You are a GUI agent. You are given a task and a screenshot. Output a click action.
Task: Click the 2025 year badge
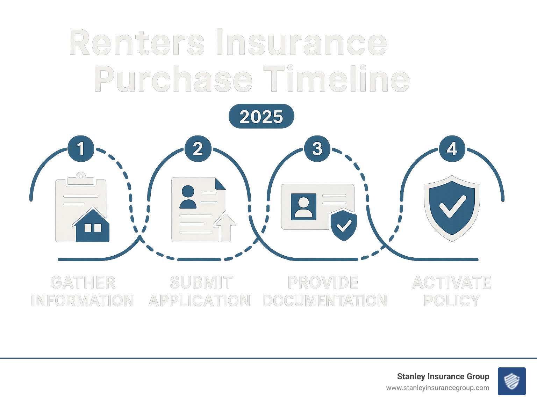click(261, 116)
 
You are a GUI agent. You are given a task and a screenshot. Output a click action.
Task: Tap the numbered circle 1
click(81, 148)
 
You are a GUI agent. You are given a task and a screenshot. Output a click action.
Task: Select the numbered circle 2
click(198, 148)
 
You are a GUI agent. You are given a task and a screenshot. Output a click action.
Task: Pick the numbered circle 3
click(317, 148)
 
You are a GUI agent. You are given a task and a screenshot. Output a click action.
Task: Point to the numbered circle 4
click(452, 148)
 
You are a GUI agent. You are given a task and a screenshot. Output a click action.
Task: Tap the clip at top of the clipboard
click(81, 178)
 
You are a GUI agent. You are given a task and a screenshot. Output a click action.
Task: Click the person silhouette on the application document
click(188, 197)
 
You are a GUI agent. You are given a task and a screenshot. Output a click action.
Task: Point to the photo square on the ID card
click(303, 207)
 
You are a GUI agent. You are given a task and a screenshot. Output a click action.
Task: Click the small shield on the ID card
click(344, 225)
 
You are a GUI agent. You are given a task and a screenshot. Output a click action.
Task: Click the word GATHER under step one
click(83, 283)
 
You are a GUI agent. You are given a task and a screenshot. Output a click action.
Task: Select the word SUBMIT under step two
click(201, 283)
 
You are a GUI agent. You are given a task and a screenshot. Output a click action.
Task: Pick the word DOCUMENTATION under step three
click(325, 301)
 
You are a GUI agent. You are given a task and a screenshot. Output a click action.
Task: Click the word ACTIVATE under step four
click(452, 283)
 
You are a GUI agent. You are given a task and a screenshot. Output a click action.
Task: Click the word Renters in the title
click(137, 43)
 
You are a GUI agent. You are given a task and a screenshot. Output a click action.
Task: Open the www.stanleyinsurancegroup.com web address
click(437, 388)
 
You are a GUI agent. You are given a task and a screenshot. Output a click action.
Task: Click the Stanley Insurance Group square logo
click(511, 381)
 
